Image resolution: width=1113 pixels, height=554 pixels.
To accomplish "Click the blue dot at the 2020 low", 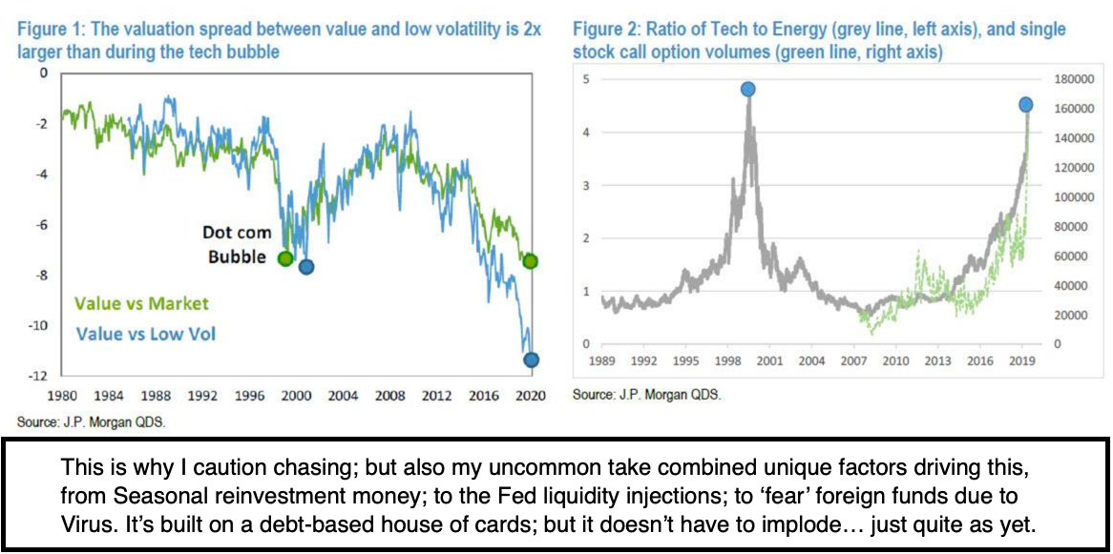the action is (x=530, y=359).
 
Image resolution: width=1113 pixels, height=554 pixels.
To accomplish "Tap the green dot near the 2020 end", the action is (x=530, y=261).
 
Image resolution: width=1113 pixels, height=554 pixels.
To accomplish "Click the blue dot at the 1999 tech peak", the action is (x=747, y=90).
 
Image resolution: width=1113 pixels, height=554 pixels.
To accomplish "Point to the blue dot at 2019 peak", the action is (x=1025, y=104).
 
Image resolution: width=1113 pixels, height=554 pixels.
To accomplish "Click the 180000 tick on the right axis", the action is (x=1067, y=79).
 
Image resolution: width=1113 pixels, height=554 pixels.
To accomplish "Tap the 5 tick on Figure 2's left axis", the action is (x=586, y=79).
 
